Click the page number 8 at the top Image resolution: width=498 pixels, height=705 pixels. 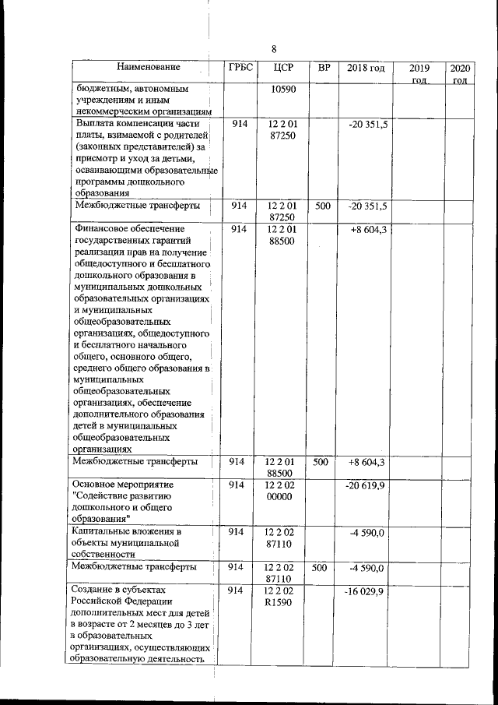pos(274,49)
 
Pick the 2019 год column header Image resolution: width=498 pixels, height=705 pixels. pos(419,74)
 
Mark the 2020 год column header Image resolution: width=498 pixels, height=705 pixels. pos(459,74)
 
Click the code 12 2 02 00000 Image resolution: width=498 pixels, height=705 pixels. pos(282,491)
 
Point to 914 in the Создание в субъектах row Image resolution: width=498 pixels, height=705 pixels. pos(239,593)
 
